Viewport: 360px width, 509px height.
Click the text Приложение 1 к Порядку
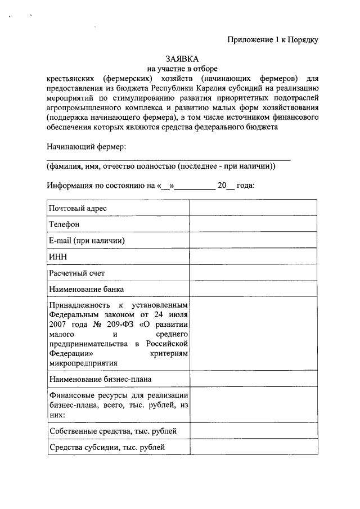[x=273, y=39]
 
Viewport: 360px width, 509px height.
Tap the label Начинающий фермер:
[x=86, y=147]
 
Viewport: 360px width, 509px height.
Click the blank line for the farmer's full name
[x=169, y=160]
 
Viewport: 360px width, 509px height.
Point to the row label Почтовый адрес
[x=78, y=208]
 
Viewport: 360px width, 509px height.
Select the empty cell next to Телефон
[x=254, y=224]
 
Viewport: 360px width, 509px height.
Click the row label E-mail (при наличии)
[x=86, y=240]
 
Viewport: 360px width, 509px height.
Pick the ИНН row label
[x=58, y=256]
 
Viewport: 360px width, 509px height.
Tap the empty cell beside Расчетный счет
[x=254, y=273]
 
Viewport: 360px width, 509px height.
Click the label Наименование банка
[x=86, y=289]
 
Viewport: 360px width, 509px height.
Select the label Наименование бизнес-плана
[x=100, y=380]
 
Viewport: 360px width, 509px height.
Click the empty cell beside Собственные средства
[x=254, y=431]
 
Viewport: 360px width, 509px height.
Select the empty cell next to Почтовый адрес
[x=254, y=208]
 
